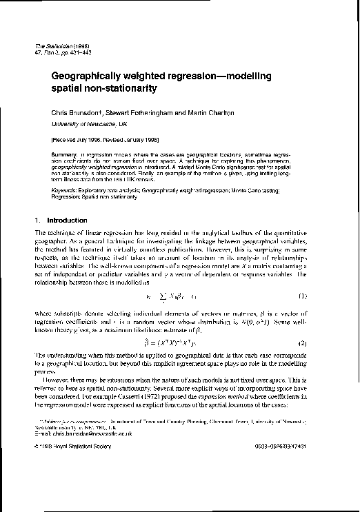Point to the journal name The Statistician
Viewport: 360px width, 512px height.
pos(57,45)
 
